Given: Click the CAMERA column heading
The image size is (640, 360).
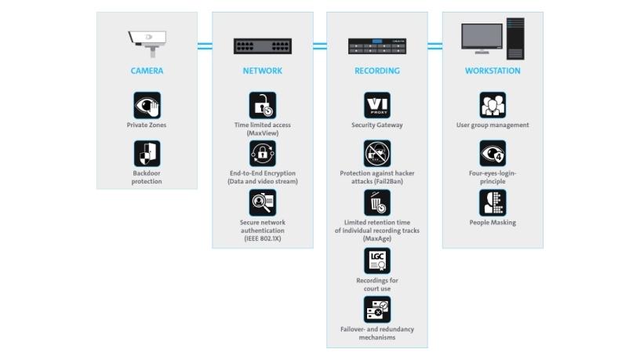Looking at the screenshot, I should (147, 71).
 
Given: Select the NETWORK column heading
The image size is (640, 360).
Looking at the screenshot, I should (262, 71).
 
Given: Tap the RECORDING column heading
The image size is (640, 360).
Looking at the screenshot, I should (376, 71).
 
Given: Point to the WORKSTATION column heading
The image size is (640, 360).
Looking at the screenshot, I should (492, 71).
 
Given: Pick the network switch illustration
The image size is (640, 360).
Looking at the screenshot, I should (262, 46).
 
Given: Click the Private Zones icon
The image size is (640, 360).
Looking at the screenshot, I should (147, 105).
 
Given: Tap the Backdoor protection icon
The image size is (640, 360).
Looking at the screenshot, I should (147, 153).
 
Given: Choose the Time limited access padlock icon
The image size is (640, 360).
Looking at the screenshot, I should (262, 105).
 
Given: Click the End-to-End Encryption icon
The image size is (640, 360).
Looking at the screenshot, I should (262, 154).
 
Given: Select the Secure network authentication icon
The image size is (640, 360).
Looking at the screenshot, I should (262, 202).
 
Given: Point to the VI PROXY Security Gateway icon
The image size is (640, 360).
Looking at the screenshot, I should (377, 105).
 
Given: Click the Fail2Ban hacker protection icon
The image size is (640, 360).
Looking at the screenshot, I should (377, 154).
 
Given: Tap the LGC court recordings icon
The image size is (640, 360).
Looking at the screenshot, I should (377, 260).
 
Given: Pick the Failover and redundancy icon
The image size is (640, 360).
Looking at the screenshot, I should (377, 309).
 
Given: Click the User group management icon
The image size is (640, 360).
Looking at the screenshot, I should (493, 105).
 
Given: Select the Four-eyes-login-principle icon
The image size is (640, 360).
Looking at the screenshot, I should (493, 154).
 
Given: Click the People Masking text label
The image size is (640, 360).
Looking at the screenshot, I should (493, 223).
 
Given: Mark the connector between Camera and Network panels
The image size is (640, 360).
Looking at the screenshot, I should (205, 46).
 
